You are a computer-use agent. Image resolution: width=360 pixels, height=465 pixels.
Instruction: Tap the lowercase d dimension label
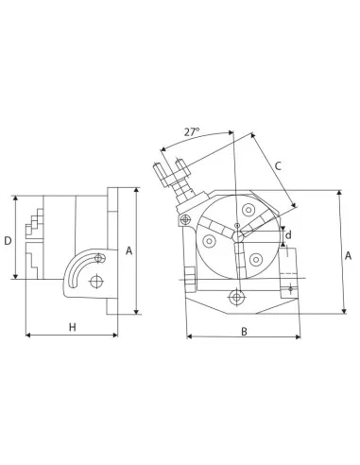click(288, 234)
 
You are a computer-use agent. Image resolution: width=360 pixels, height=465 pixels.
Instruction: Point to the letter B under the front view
click(243, 332)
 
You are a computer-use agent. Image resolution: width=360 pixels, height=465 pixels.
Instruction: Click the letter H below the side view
click(72, 327)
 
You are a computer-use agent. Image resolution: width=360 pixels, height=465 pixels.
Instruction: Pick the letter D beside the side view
click(8, 241)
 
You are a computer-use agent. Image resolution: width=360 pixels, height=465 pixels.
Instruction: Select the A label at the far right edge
click(349, 256)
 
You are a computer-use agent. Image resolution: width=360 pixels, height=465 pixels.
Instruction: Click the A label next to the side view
click(129, 251)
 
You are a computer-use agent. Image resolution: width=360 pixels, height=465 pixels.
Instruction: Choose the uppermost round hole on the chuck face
click(248, 210)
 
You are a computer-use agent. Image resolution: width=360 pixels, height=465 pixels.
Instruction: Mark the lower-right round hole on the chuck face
click(255, 259)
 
